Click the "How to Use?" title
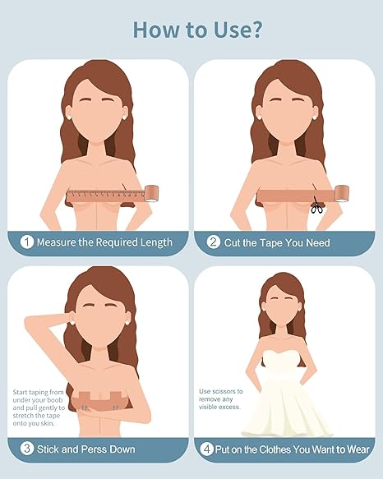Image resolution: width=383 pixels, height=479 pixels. [x=197, y=30]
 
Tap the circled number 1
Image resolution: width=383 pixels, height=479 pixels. [x=27, y=242]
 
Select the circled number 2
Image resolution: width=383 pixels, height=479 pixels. [x=214, y=242]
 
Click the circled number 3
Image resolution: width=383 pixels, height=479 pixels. [x=27, y=449]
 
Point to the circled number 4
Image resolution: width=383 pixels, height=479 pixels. [x=207, y=449]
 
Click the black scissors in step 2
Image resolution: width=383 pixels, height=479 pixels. [x=316, y=205]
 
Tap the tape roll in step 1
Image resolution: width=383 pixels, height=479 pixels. [x=151, y=193]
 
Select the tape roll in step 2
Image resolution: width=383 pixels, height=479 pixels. [x=342, y=193]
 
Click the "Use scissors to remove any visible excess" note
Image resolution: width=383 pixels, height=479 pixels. [x=221, y=399]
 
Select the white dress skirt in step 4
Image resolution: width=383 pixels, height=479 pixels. [x=286, y=407]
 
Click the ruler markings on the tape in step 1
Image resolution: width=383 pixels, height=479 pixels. [x=105, y=194]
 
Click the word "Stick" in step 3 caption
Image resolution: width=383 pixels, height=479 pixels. [x=48, y=449]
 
